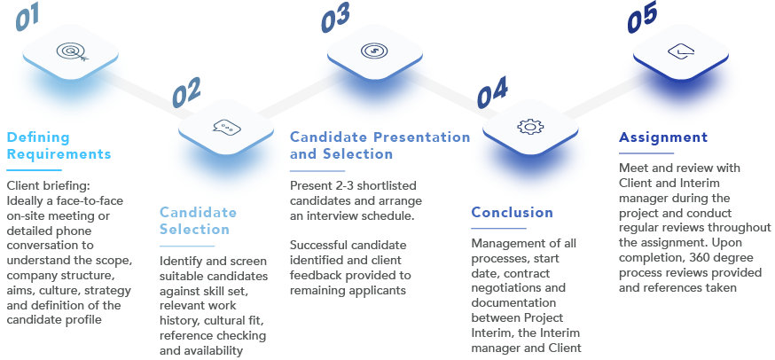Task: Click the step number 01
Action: [28, 19]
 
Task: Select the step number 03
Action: [335, 17]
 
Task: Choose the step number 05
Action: [643, 19]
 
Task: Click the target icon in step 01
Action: [71, 51]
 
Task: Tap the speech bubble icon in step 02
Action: [226, 126]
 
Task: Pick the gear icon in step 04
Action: [529, 126]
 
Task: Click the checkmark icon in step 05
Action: [678, 51]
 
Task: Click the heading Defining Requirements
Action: [59, 145]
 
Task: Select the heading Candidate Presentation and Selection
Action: [379, 145]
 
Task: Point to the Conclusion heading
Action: [512, 212]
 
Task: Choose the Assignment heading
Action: [662, 137]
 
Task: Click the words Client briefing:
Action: [49, 185]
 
